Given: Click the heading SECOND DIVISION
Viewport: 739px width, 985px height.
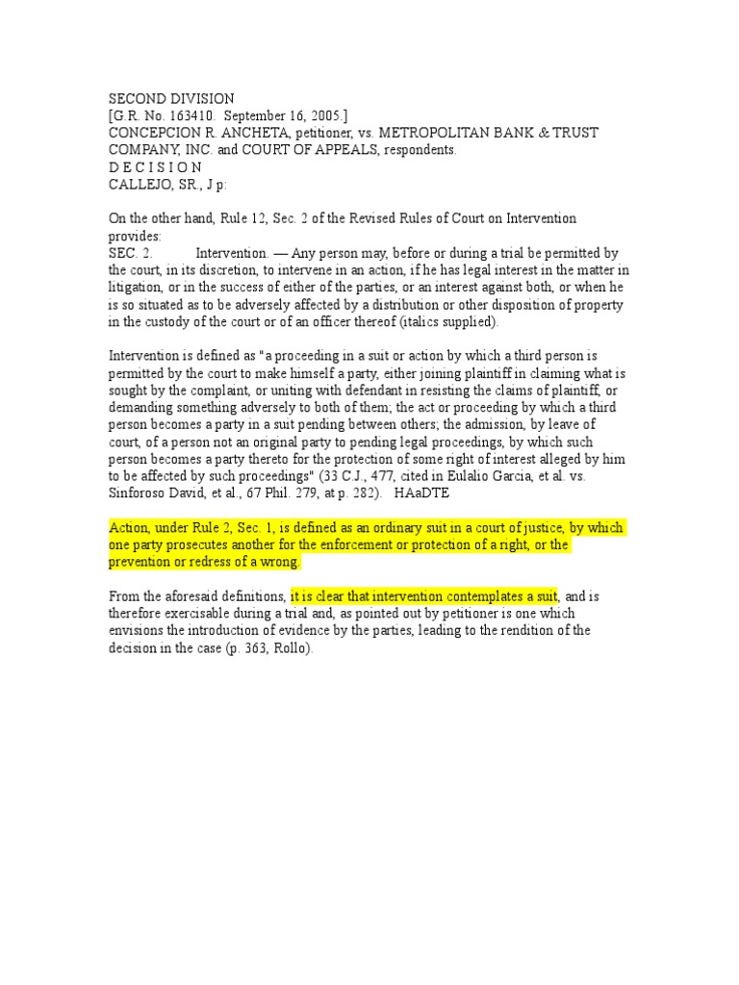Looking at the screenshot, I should pyautogui.click(x=171, y=99).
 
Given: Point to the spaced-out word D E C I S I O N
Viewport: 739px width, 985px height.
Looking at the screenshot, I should pyautogui.click(x=155, y=167).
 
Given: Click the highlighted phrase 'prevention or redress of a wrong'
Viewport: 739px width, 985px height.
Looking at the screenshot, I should pyautogui.click(x=205, y=562).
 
